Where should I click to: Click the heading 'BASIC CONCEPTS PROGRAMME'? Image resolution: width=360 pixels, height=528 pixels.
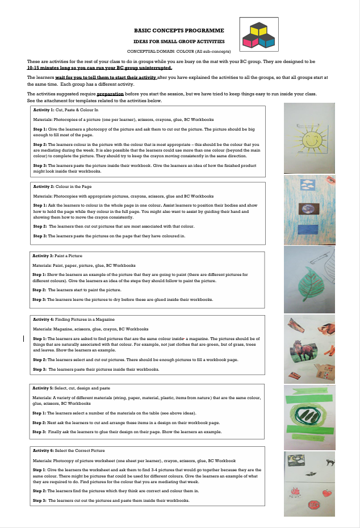click(x=179, y=30)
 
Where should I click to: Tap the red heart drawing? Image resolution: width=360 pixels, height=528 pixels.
click(x=326, y=493)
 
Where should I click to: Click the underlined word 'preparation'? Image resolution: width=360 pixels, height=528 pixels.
click(x=110, y=94)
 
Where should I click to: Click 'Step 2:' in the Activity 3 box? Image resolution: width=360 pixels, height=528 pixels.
click(x=40, y=290)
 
